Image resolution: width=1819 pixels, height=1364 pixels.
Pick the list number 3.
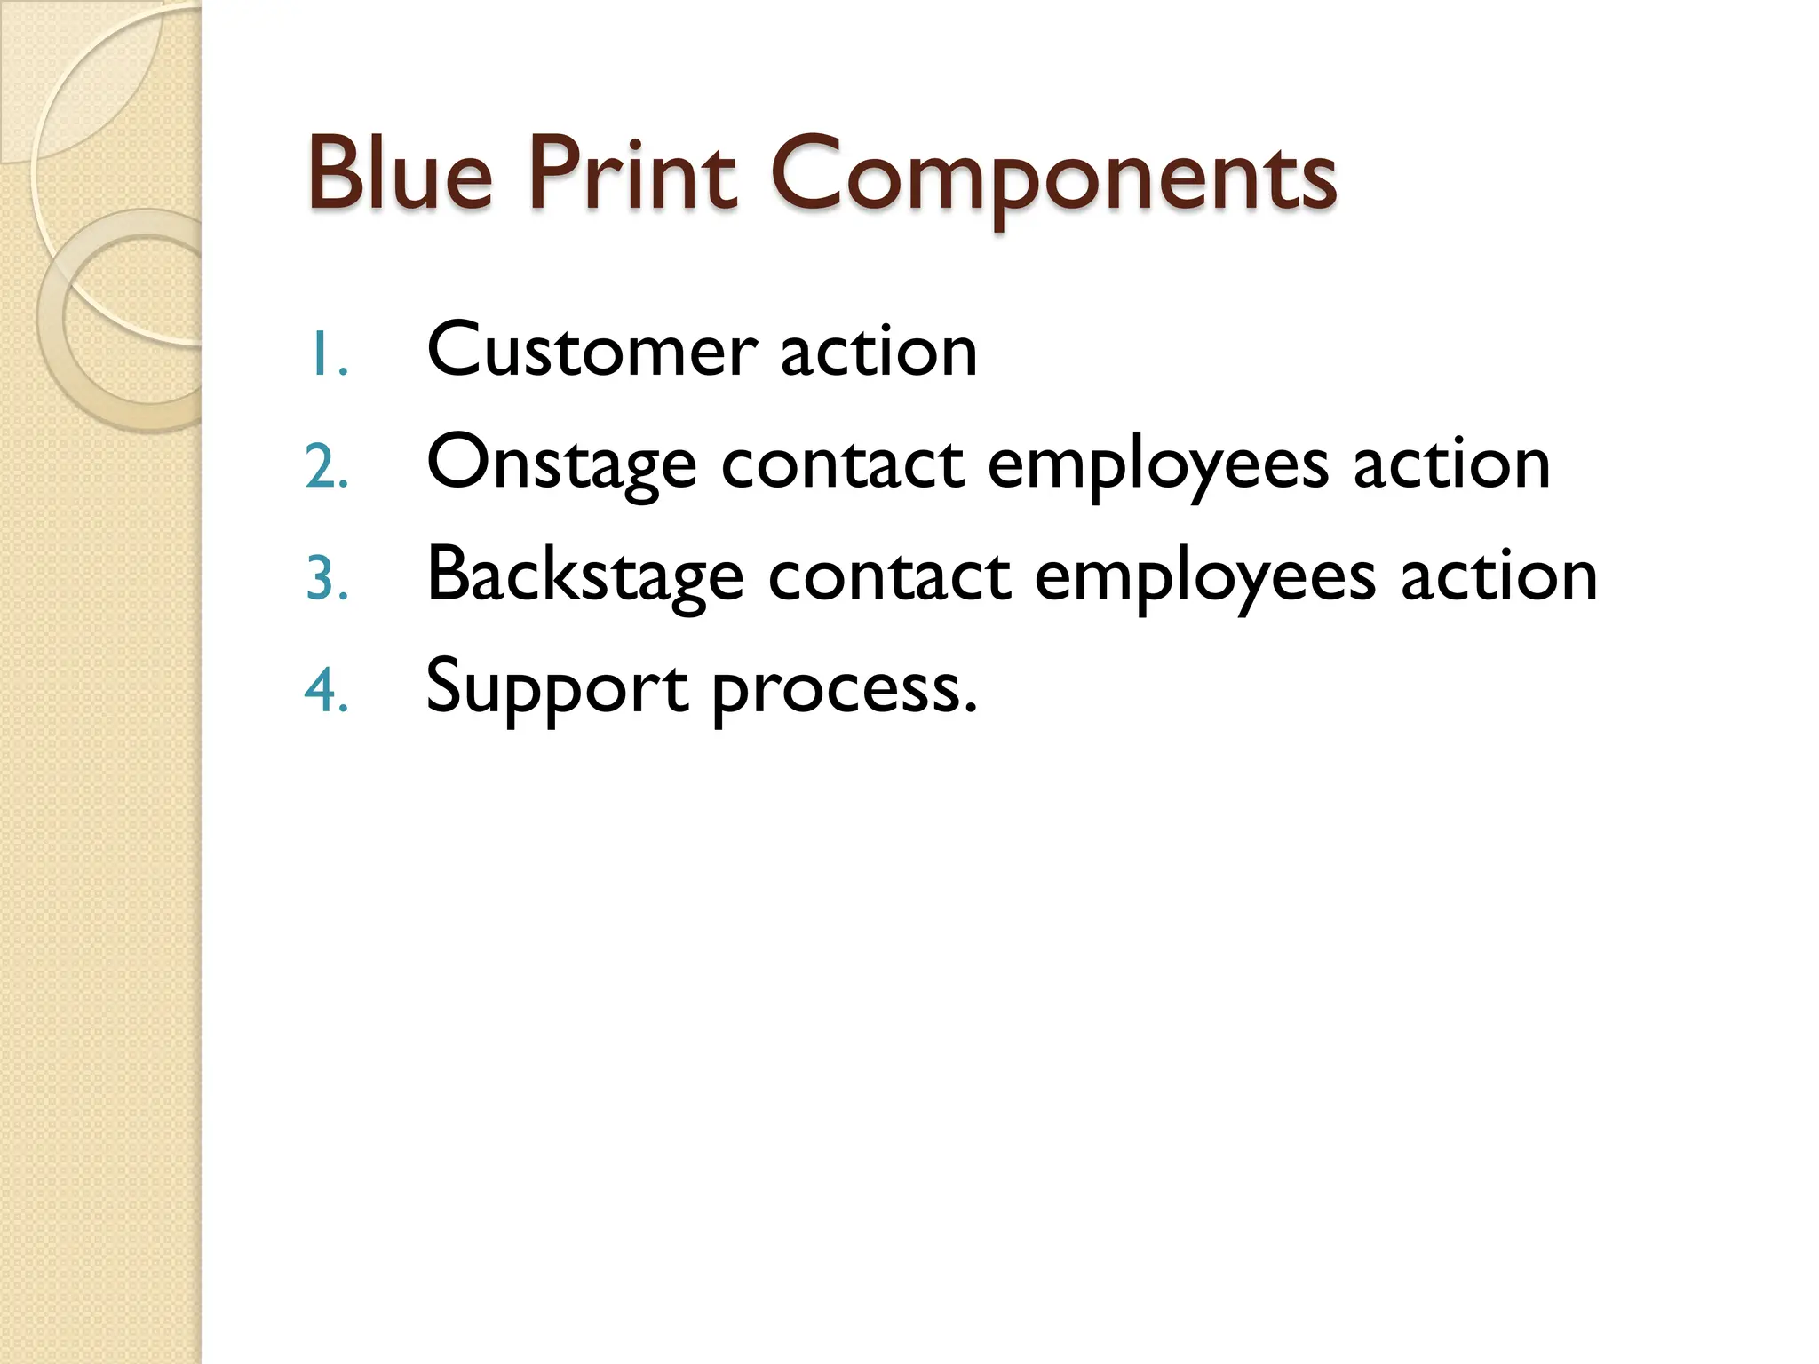click(326, 579)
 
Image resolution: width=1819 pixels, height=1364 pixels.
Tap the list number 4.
click(326, 691)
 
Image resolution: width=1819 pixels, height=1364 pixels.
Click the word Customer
click(592, 351)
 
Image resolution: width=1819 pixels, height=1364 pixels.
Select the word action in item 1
click(878, 351)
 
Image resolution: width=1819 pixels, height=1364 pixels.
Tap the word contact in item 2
click(842, 464)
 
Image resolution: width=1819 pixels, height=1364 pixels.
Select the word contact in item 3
click(889, 575)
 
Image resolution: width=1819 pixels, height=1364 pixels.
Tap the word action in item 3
click(1498, 575)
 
